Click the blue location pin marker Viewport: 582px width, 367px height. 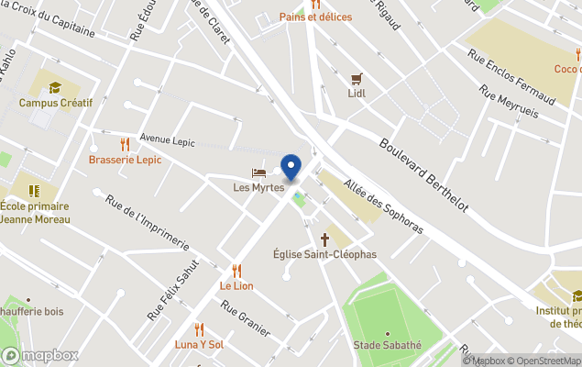[x=291, y=168]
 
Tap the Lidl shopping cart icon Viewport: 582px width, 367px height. [x=357, y=78]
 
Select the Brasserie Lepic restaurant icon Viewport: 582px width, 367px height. [x=125, y=144]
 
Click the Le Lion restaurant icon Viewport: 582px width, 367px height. [x=236, y=271]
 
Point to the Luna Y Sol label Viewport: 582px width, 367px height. [x=199, y=344]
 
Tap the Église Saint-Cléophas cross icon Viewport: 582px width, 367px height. [x=324, y=239]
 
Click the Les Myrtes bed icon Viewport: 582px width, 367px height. [x=258, y=172]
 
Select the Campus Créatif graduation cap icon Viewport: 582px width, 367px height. [x=55, y=88]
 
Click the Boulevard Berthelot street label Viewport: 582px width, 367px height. [x=423, y=173]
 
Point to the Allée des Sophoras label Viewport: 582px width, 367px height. [x=383, y=206]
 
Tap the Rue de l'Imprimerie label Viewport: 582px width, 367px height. [x=147, y=223]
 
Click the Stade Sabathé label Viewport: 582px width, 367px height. [x=387, y=345]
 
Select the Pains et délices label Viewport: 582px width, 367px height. [x=315, y=17]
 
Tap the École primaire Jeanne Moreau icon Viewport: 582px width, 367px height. [x=35, y=191]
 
